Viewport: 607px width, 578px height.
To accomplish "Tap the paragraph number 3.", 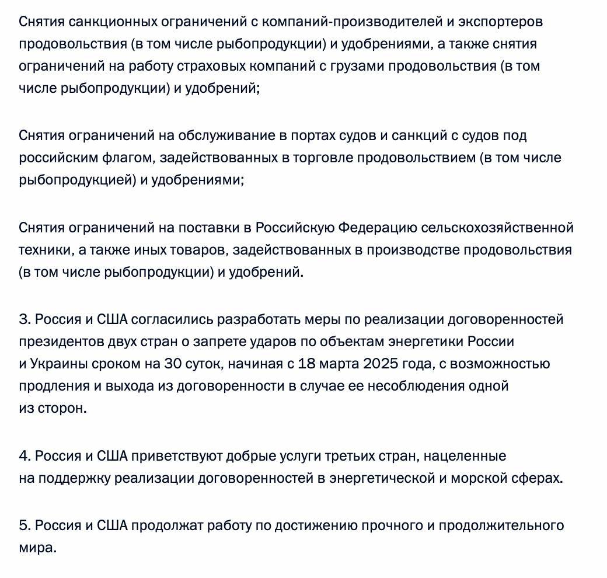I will point(24,319).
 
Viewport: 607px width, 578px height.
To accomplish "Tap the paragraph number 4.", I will point(24,455).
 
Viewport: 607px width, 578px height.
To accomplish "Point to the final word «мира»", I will point(37,548).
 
